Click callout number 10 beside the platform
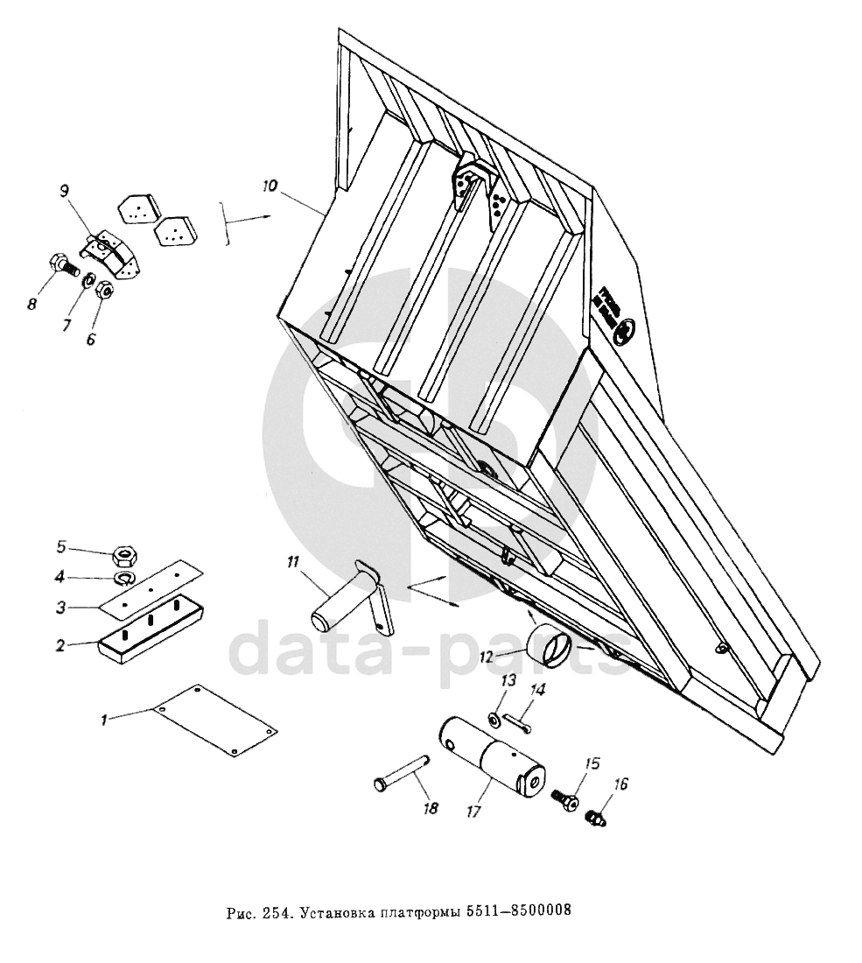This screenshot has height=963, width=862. coord(269,186)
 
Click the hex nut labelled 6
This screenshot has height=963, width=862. coord(102,289)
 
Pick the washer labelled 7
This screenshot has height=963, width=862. coord(88,280)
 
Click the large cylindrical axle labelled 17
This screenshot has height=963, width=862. coord(490,751)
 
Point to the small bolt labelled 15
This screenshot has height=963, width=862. coord(564,799)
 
